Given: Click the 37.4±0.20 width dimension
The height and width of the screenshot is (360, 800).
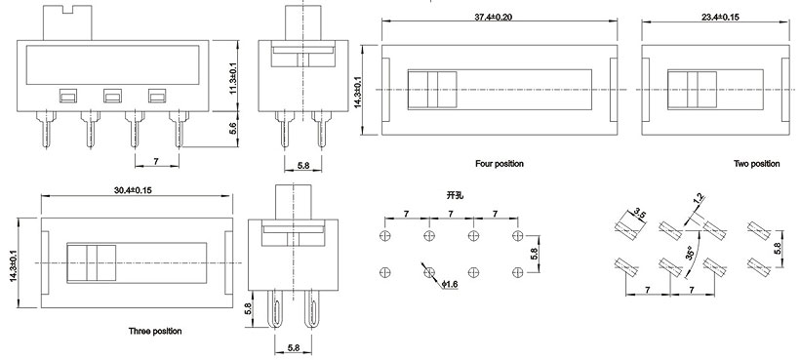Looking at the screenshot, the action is click(x=494, y=17).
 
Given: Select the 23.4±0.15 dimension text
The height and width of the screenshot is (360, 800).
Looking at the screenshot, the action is click(x=720, y=17).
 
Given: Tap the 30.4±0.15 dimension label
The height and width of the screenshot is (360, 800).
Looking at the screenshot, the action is click(x=133, y=190).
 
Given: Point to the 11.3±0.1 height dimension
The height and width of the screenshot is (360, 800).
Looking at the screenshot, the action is click(x=233, y=79).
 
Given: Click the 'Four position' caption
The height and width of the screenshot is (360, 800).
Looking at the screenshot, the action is click(x=500, y=164).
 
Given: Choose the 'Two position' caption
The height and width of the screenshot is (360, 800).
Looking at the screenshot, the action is click(x=757, y=164).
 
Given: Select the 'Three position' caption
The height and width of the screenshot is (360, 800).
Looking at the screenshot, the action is click(x=155, y=331).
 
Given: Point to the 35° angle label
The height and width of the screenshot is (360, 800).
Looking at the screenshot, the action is click(x=690, y=252).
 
